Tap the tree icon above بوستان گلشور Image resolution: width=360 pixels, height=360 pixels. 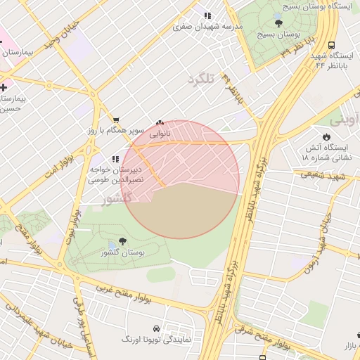point(124,241)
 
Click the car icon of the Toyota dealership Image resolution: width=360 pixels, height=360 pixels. point(155,328)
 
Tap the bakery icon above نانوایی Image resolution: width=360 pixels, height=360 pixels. point(160,122)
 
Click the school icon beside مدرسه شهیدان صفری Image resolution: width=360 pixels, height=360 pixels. point(207,15)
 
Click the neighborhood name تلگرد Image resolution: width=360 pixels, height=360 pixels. point(200,78)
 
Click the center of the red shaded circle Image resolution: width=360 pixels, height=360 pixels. point(185,180)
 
